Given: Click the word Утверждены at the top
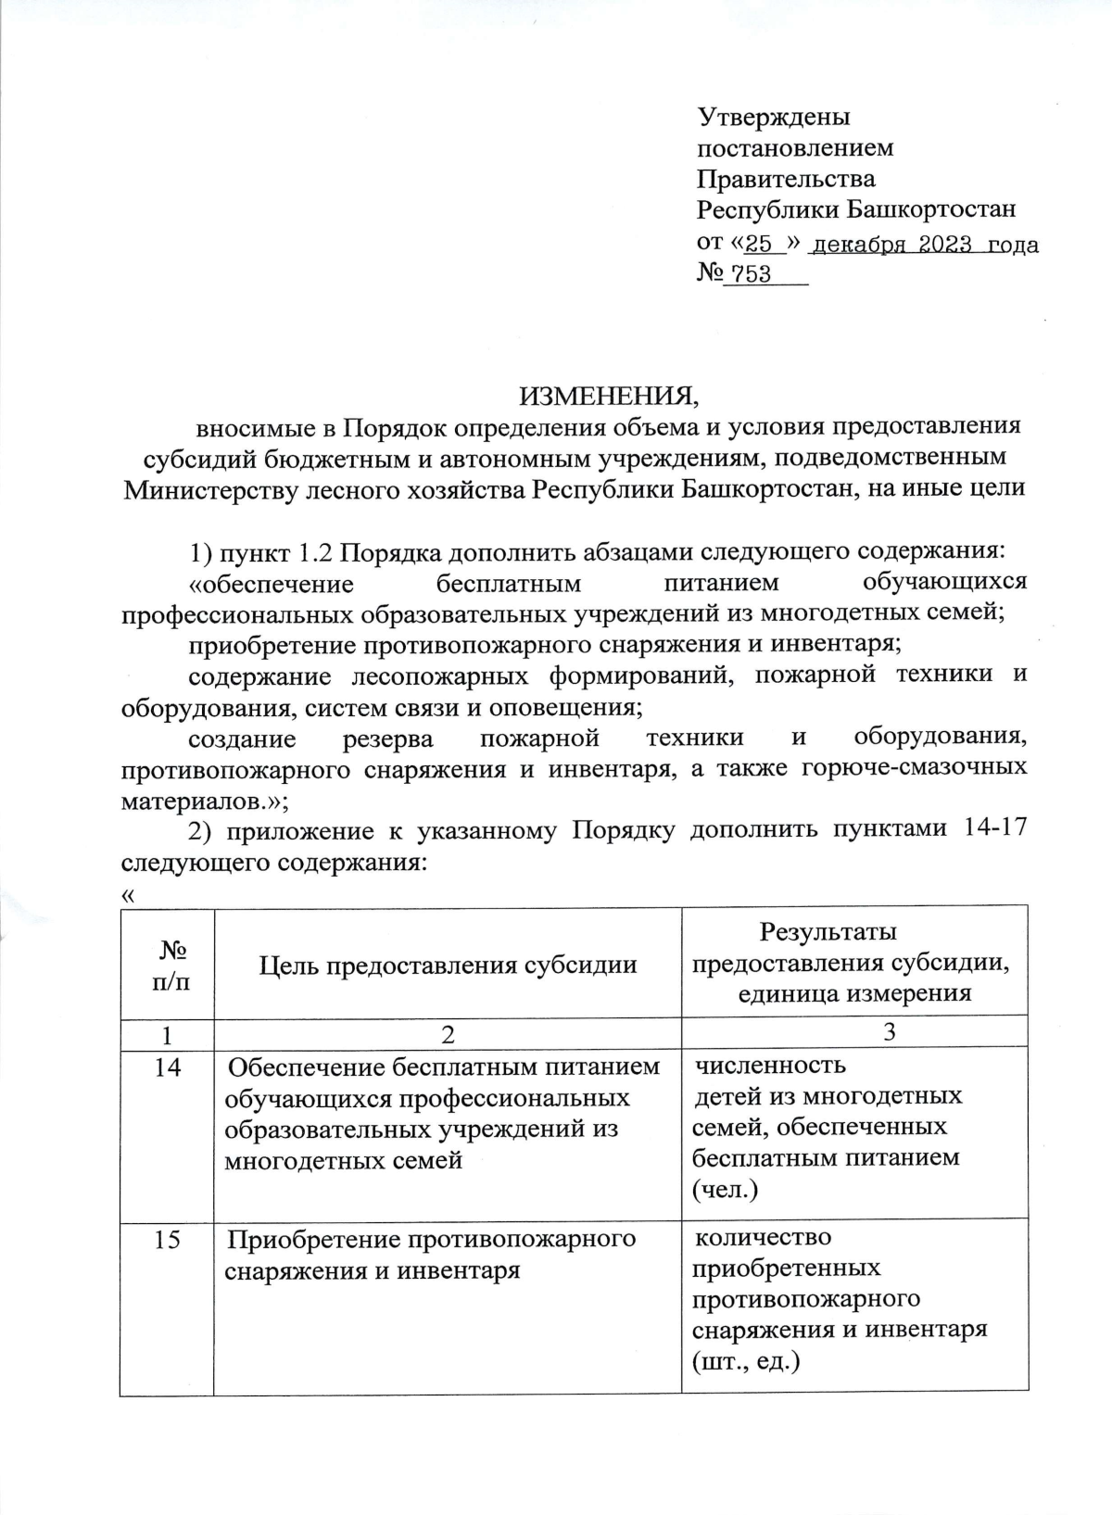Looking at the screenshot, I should click(x=774, y=118).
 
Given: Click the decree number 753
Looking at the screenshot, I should click(x=752, y=275).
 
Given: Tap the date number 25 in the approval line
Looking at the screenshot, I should click(x=759, y=245).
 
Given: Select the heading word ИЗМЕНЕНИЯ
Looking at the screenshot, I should click(x=609, y=397).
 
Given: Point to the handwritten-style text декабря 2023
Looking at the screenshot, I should click(x=891, y=245).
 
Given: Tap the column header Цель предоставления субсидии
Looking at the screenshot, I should click(x=448, y=965).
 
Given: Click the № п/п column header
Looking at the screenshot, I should click(x=168, y=965).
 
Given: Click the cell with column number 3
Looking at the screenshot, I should click(x=890, y=1032).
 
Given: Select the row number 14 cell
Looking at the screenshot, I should click(x=168, y=1067).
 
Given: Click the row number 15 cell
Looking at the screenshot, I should click(x=168, y=1239).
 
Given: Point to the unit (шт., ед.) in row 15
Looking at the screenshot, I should click(x=746, y=1361).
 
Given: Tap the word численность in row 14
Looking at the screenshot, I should click(x=770, y=1066).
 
